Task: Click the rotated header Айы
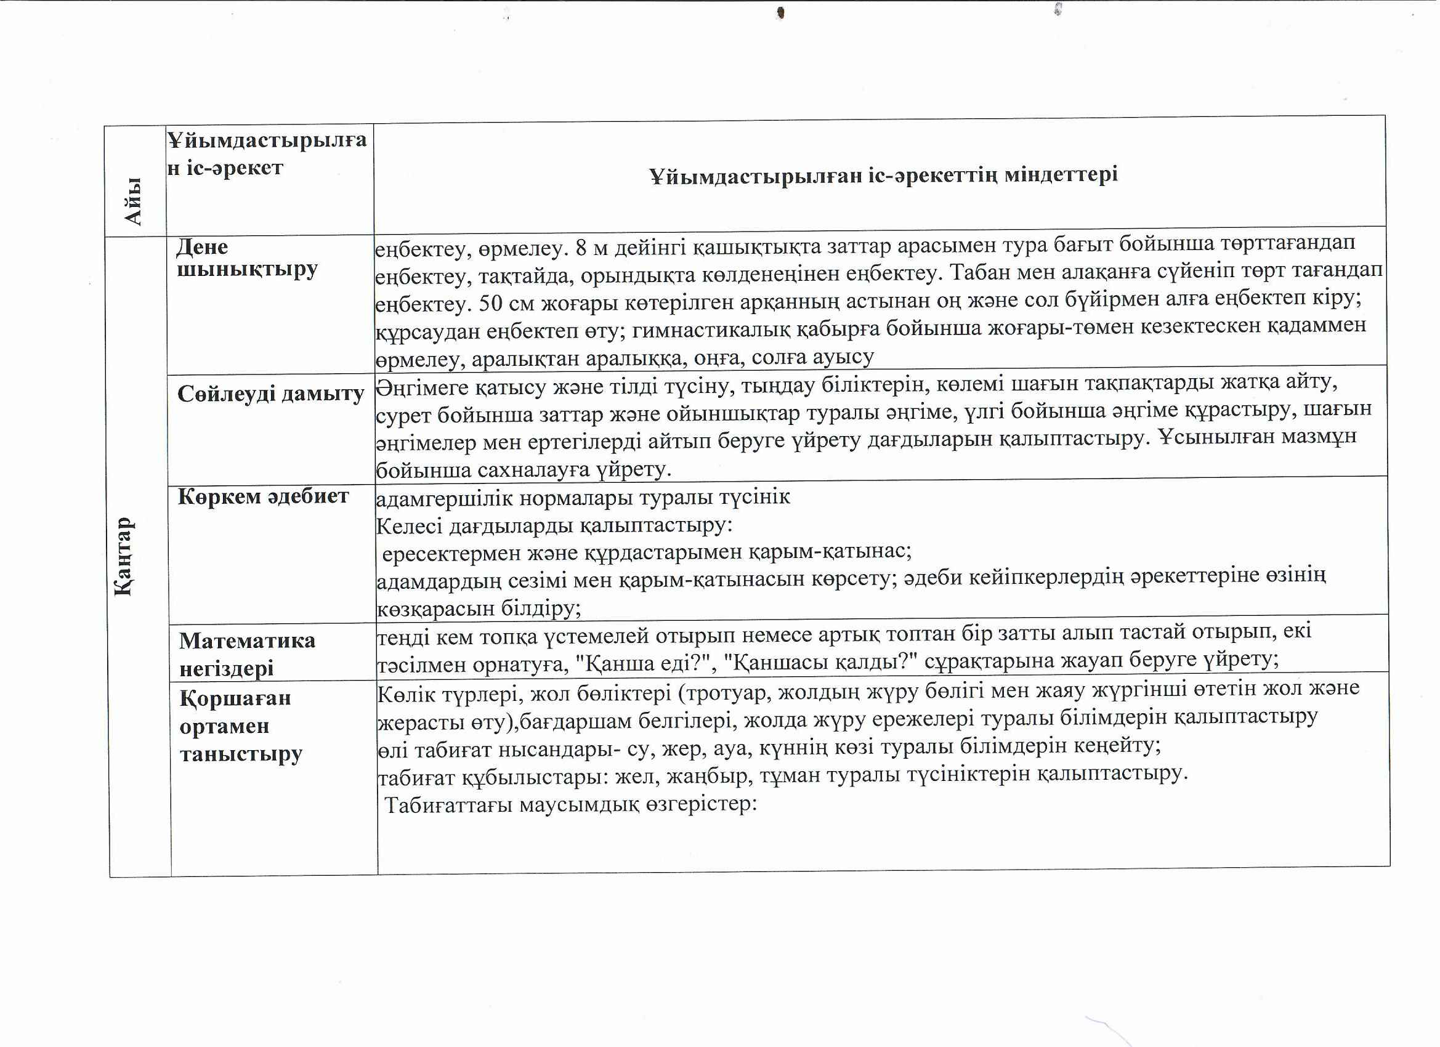(x=133, y=201)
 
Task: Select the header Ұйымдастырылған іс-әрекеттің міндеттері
(x=883, y=175)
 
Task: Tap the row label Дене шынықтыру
(x=246, y=258)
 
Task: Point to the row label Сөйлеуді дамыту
(x=270, y=394)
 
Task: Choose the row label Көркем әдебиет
(x=263, y=496)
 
